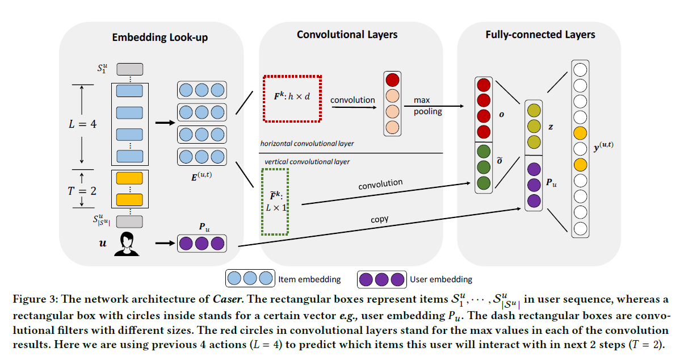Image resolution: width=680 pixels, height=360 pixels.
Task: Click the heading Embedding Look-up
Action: (159, 38)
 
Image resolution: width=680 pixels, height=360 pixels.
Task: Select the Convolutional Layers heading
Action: (347, 35)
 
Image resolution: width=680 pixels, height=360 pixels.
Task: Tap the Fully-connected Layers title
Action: (540, 35)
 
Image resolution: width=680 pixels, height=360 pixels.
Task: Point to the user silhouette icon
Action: (127, 244)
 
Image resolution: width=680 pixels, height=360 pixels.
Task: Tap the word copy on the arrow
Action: (379, 219)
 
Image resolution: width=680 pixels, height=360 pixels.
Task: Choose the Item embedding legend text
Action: (309, 279)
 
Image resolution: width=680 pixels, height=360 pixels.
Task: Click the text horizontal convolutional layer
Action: (307, 144)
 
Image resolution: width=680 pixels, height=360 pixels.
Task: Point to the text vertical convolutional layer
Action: (307, 162)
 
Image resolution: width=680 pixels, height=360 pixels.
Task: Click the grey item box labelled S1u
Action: (130, 69)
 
